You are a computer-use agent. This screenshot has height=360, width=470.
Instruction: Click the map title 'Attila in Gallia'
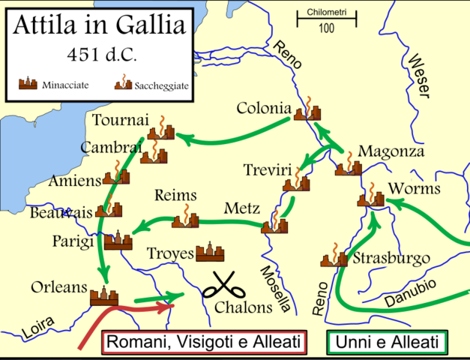pos(97,28)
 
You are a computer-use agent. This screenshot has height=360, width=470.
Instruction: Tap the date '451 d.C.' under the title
pos(97,57)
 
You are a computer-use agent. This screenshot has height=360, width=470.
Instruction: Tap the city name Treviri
pos(267,170)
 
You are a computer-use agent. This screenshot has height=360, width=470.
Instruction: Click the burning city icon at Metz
pos(274,223)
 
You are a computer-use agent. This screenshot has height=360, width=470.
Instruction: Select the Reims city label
pos(175,196)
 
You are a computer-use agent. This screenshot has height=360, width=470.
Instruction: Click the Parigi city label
pos(73,241)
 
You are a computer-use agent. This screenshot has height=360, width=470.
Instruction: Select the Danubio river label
pos(409,289)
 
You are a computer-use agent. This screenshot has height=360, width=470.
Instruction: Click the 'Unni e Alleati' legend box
pos(387,342)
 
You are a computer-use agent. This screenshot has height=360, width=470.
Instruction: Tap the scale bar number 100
pos(326,28)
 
